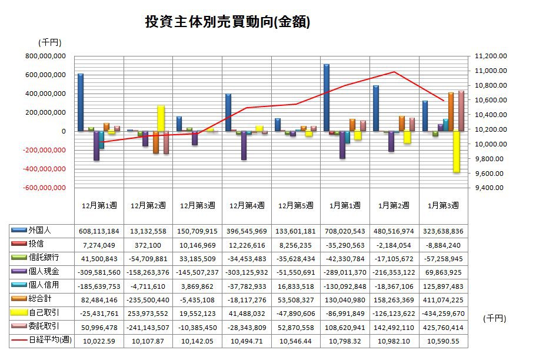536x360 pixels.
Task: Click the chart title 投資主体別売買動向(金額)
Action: [x=227, y=22]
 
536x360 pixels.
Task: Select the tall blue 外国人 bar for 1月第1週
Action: [x=327, y=97]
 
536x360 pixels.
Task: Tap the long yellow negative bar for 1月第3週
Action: [x=455, y=152]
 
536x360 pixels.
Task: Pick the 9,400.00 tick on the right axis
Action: [x=490, y=188]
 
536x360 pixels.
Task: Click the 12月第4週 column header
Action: [x=247, y=205]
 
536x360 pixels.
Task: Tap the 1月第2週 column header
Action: [x=394, y=205]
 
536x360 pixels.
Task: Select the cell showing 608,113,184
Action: [x=98, y=231]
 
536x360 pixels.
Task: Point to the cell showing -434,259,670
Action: [x=443, y=312]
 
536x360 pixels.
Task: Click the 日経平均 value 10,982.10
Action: [x=394, y=340]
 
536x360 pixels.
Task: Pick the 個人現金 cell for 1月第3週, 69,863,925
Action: [x=443, y=272]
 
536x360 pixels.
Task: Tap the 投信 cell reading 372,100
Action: [x=148, y=244]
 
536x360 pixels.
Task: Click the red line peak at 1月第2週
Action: [x=394, y=72]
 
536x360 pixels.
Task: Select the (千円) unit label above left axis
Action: [x=49, y=42]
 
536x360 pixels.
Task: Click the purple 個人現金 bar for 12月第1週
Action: [x=96, y=145]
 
